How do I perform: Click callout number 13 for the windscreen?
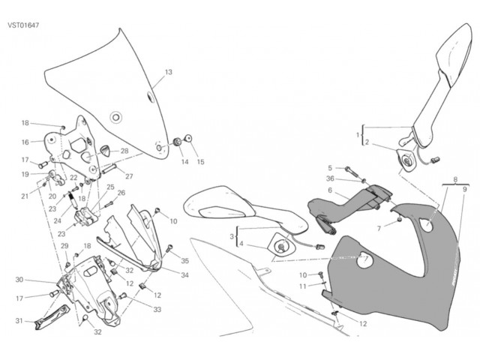coord(168,73)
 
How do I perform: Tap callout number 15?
coord(200,161)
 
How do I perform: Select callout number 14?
coord(184,161)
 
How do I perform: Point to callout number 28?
coord(124,151)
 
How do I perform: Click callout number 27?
coord(128,176)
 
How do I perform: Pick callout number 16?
coord(25,142)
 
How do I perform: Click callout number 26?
coord(121,193)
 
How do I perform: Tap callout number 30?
coord(20,280)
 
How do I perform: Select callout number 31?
coord(19,322)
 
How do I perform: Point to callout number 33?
coord(158,309)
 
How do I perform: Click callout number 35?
coord(185,261)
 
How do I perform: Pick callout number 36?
coord(330,178)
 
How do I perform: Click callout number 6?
coord(329,191)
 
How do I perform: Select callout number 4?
coord(242,244)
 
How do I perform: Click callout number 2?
coord(367,142)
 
